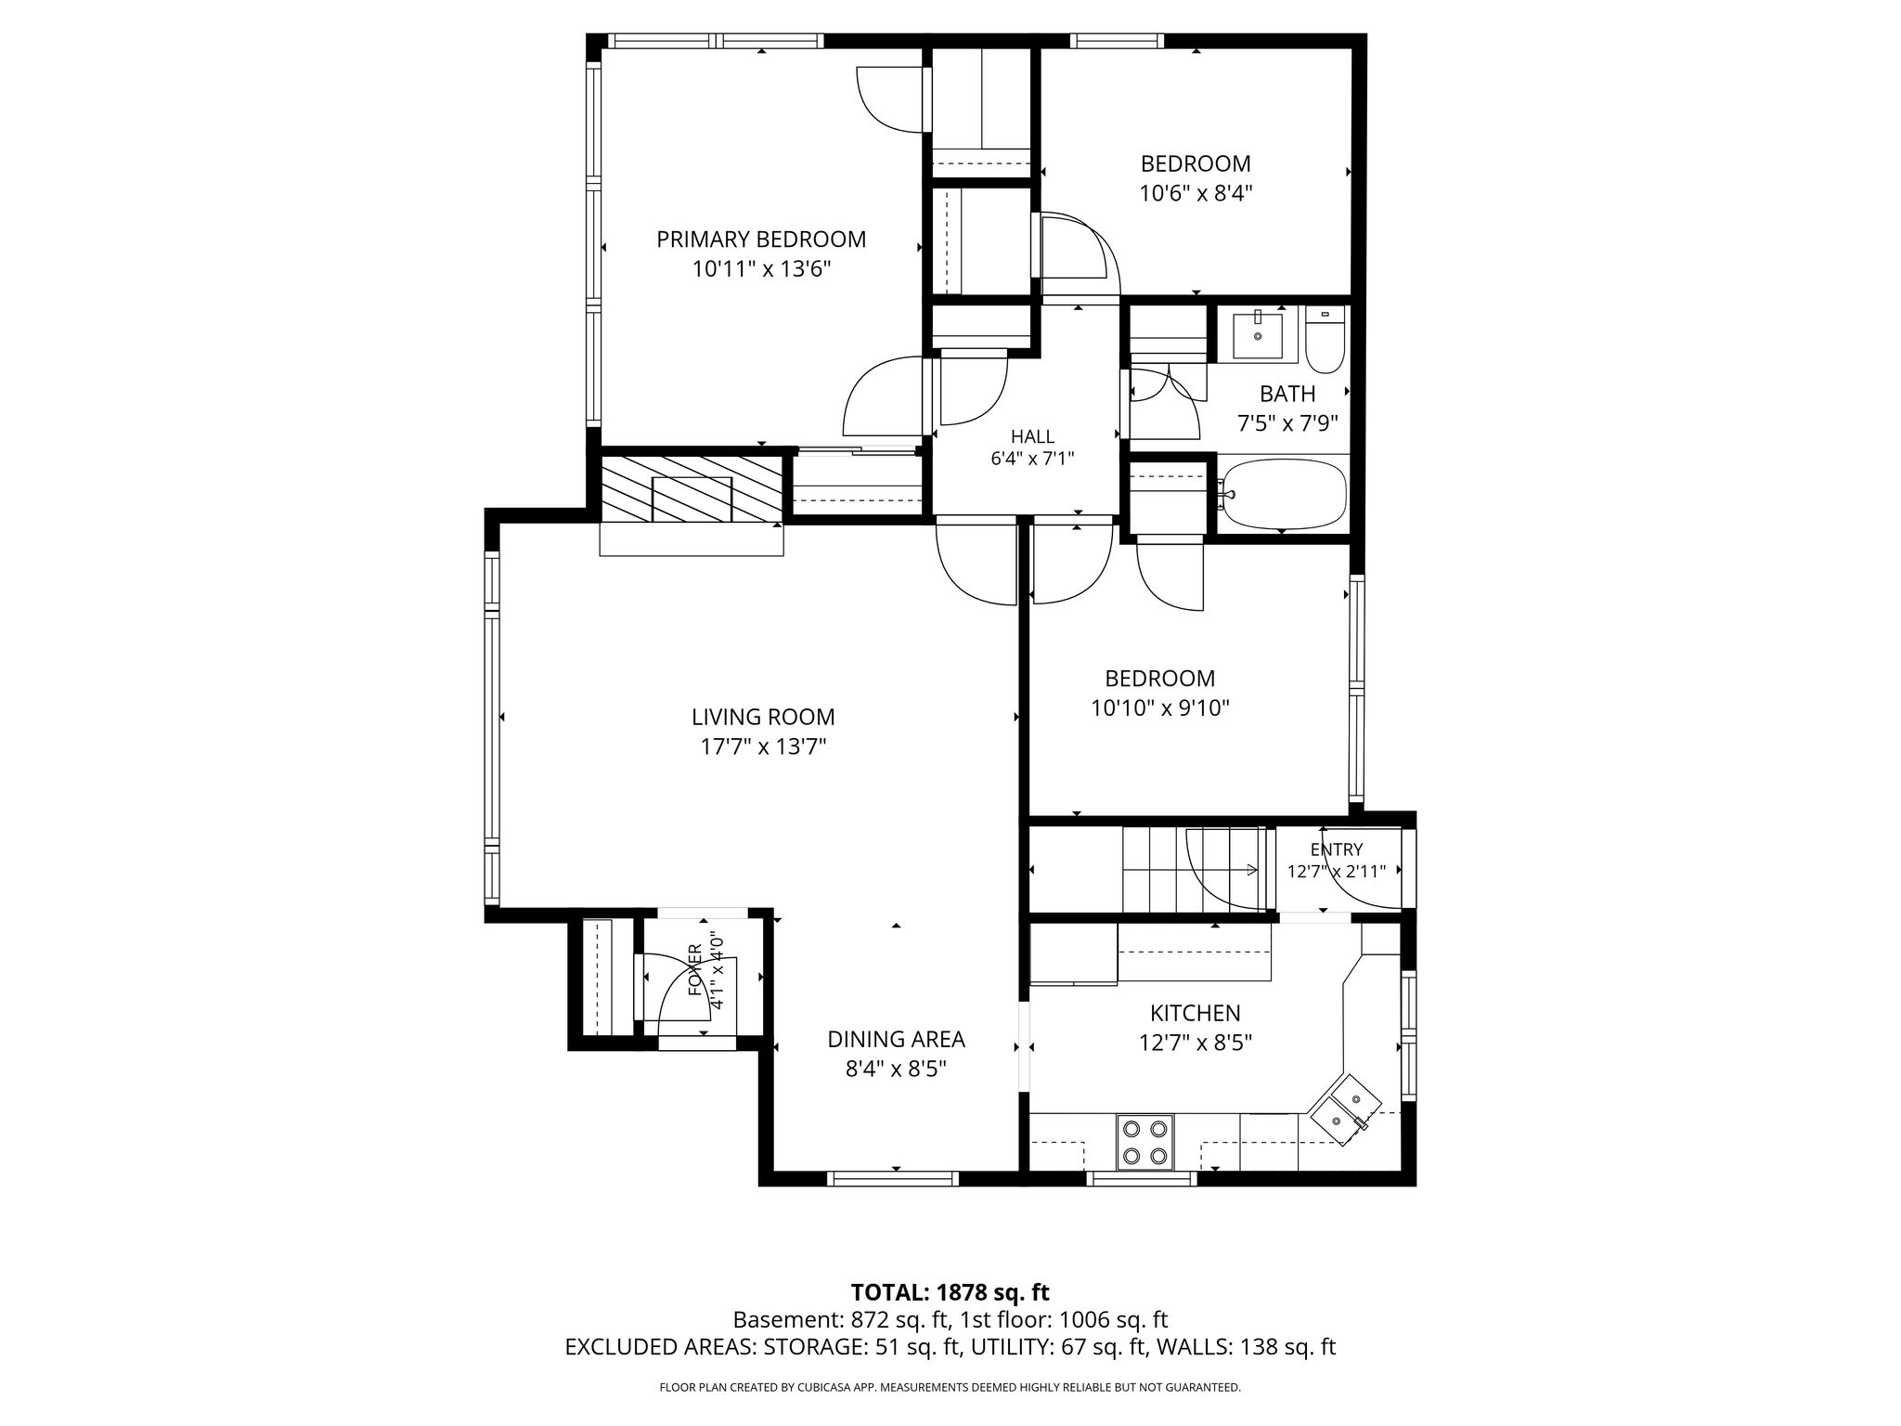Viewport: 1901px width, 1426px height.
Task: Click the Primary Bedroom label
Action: pyautogui.click(x=761, y=240)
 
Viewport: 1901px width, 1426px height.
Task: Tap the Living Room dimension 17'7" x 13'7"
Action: pyautogui.click(x=763, y=746)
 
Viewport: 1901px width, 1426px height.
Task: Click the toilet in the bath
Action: pyautogui.click(x=1325, y=338)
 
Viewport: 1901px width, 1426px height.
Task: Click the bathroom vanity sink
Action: pyautogui.click(x=1258, y=335)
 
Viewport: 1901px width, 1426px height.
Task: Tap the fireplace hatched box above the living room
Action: pyautogui.click(x=692, y=489)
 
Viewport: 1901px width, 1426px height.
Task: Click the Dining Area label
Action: pyautogui.click(x=897, y=1039)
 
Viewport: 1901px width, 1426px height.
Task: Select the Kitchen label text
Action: pyautogui.click(x=1196, y=1013)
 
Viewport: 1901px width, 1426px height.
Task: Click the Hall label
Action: pyautogui.click(x=1032, y=436)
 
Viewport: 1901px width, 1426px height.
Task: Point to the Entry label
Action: pyautogui.click(x=1337, y=849)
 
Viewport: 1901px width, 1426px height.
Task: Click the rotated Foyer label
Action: pyautogui.click(x=695, y=970)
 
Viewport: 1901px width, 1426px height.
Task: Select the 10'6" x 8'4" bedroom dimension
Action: pyautogui.click(x=1196, y=194)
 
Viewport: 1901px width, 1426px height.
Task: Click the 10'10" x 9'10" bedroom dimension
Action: pyautogui.click(x=1160, y=708)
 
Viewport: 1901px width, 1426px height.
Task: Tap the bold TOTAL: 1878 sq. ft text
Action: pyautogui.click(x=950, y=1292)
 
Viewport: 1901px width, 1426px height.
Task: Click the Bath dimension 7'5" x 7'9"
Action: pyautogui.click(x=1287, y=424)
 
